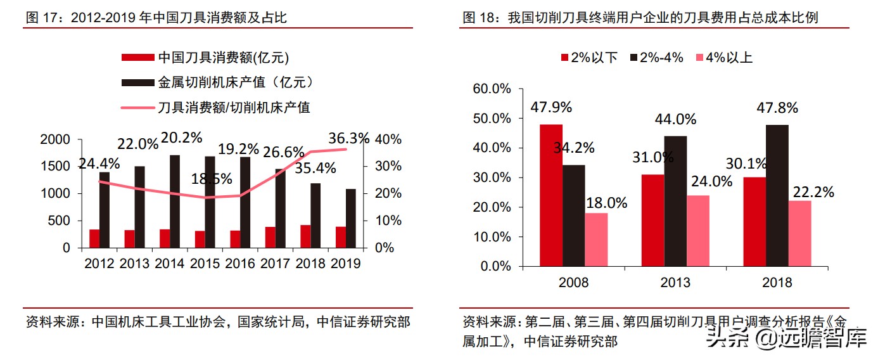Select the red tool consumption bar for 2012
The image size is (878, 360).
94,238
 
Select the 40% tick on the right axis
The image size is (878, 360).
388,139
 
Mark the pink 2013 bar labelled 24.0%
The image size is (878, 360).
697,231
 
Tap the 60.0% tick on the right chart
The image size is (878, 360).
492,89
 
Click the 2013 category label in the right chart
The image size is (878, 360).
675,282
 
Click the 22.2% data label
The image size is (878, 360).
813,191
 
